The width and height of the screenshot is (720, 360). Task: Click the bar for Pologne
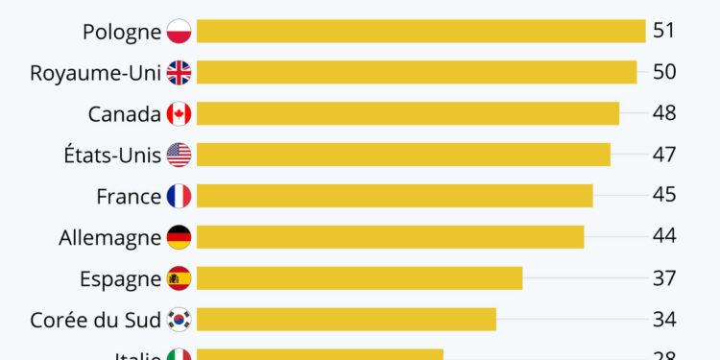tap(420, 32)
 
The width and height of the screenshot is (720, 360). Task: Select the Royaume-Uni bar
tap(417, 72)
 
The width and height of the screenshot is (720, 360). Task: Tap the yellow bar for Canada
tap(408, 113)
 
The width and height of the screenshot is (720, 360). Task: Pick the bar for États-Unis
tap(403, 155)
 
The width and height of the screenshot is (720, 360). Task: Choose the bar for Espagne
tap(359, 278)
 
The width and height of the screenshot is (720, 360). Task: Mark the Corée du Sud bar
tap(346, 319)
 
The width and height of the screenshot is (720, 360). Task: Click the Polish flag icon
tap(179, 32)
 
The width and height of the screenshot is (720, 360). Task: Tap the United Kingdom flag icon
tap(179, 72)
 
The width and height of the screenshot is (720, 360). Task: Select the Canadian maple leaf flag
tap(179, 113)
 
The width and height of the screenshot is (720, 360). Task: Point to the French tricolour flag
tap(179, 196)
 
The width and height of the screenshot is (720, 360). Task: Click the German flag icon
tap(179, 237)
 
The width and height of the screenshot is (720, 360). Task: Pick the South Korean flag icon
tap(179, 319)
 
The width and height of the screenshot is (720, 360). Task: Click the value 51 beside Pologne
tap(664, 31)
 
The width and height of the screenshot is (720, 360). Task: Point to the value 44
tap(664, 237)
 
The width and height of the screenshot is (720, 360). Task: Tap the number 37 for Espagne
tap(664, 278)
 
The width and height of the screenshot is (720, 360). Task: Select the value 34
tap(664, 319)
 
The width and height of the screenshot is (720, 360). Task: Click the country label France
tap(129, 196)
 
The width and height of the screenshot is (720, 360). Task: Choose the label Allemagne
tap(110, 237)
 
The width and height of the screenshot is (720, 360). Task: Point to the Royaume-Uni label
tap(95, 73)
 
